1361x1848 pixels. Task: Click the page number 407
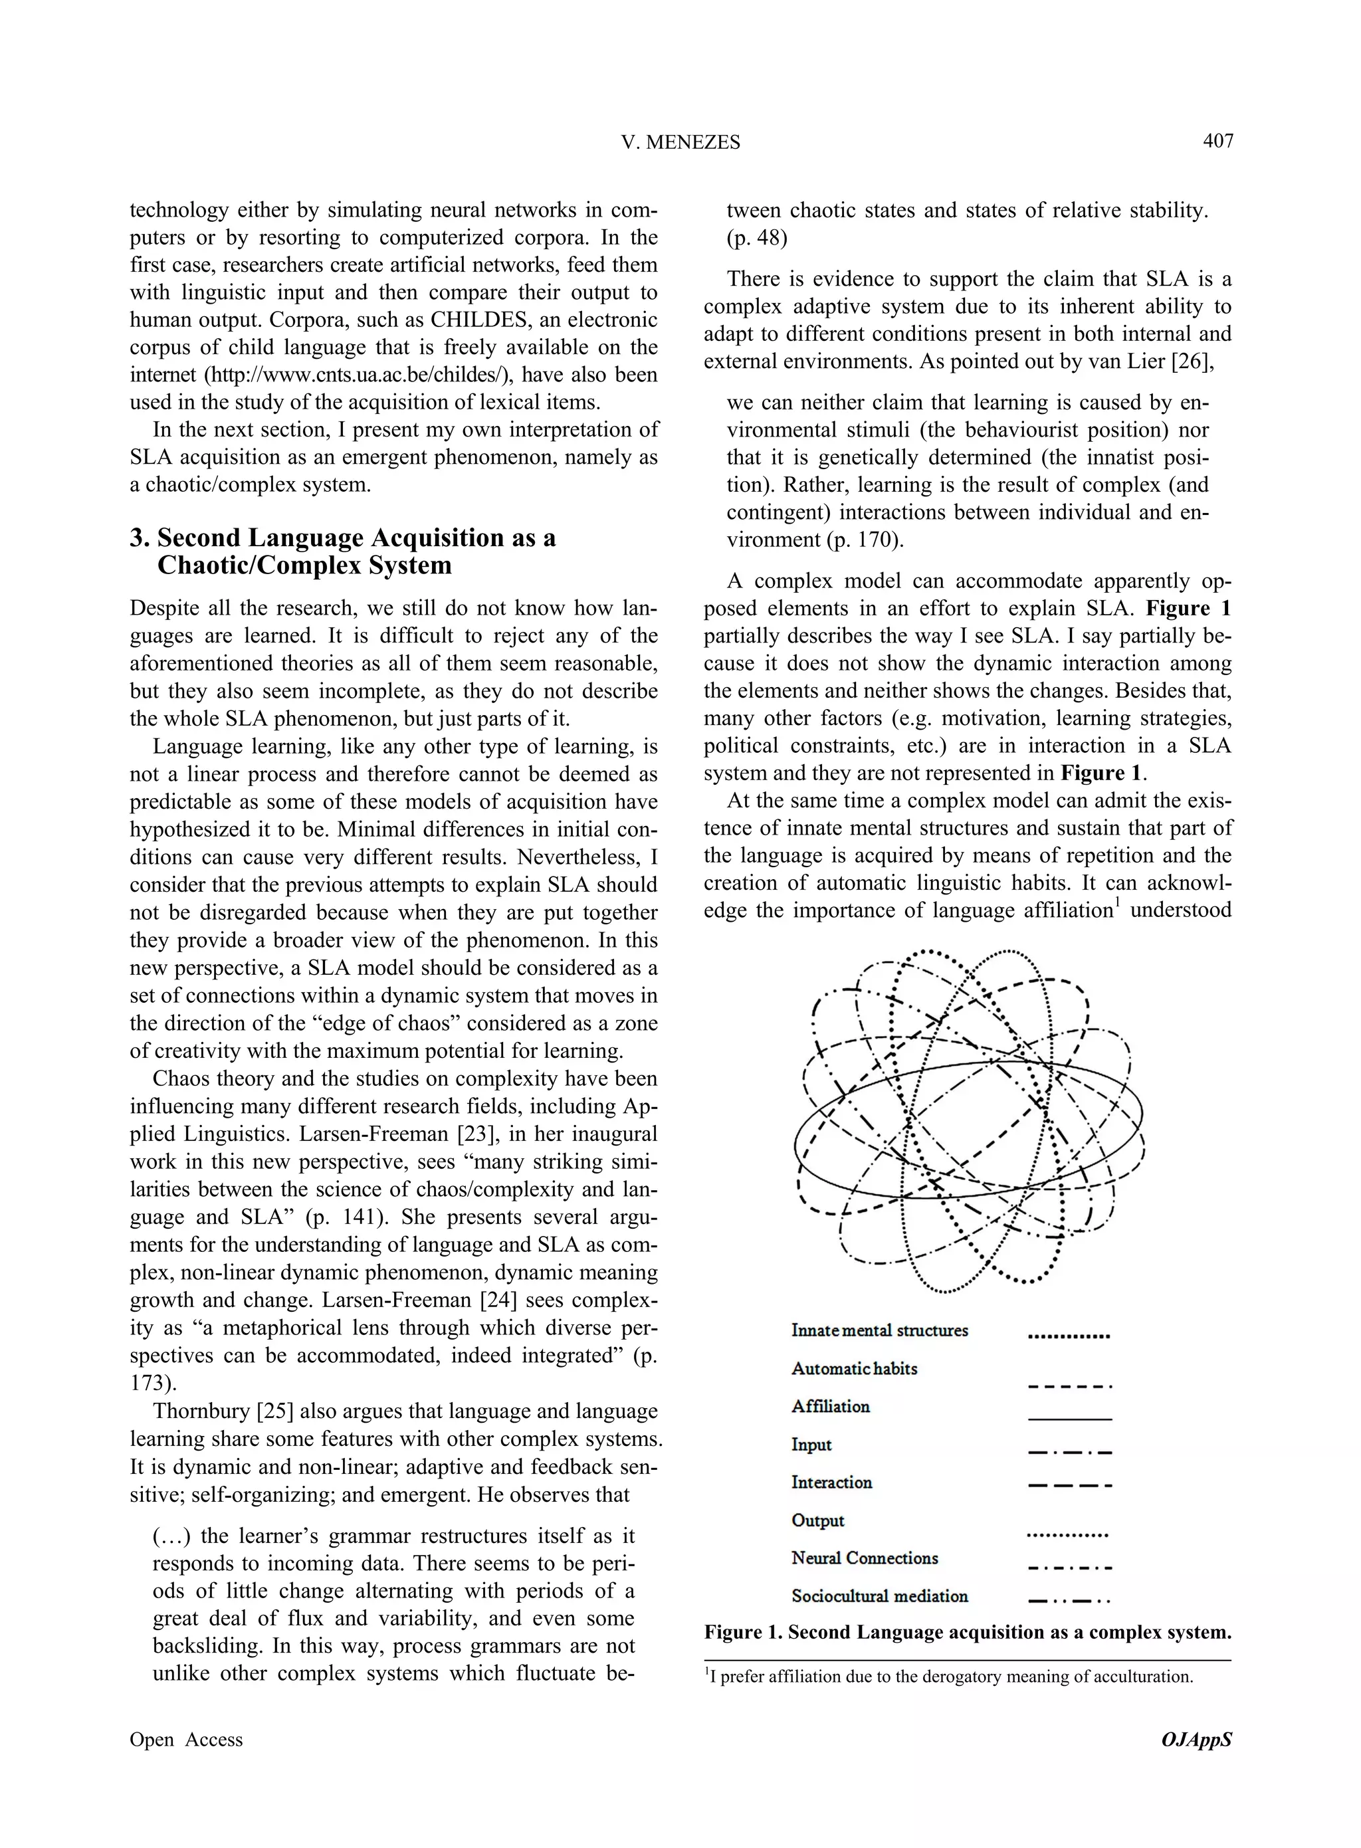(1217, 141)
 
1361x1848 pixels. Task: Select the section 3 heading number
(140, 538)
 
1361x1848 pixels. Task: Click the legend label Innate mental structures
(879, 1330)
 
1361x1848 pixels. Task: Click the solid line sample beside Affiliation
(1070, 1419)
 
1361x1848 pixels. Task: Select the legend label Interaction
(831, 1483)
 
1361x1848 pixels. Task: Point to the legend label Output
(817, 1520)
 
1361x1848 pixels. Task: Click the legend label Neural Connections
(864, 1558)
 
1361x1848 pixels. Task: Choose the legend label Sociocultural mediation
(879, 1596)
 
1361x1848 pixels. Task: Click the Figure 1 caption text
(967, 1632)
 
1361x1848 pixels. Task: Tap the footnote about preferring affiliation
(951, 1677)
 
